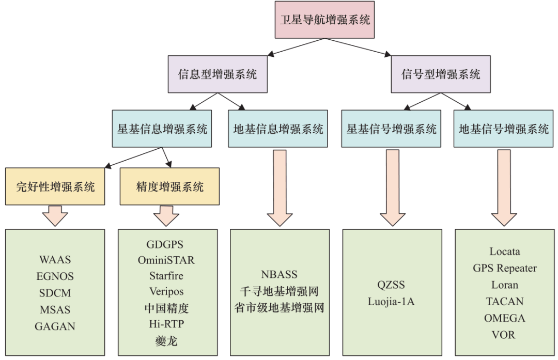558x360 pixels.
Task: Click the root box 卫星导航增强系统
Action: [x=324, y=20]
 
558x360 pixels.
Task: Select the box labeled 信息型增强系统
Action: [x=218, y=74]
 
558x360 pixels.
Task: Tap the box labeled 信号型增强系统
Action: [x=441, y=74]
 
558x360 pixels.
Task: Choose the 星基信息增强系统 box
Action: [x=162, y=129]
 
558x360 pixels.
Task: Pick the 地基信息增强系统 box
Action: [x=278, y=129]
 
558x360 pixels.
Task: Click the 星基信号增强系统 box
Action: [x=391, y=129]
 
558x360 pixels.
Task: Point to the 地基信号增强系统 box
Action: [x=504, y=129]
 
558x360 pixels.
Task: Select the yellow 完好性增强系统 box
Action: [x=55, y=186]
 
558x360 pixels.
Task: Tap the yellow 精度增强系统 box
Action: [x=170, y=186]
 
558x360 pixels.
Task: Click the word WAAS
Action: [x=55, y=260]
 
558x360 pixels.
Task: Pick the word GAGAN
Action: [x=55, y=326]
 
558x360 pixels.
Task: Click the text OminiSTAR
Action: [x=166, y=260]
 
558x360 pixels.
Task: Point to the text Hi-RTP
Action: [x=166, y=324]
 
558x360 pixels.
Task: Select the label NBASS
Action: [x=280, y=274]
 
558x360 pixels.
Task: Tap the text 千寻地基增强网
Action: [x=280, y=291]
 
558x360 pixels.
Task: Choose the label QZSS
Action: [x=391, y=285]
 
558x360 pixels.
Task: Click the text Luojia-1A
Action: [x=391, y=302]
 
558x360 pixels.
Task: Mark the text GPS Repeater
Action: [x=505, y=268]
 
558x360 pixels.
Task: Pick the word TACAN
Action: [x=505, y=301]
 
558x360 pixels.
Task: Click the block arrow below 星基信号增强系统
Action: [x=393, y=188]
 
